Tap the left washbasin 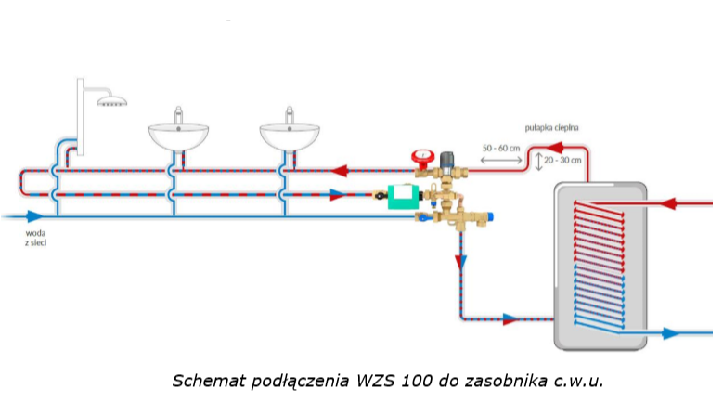tap(179, 136)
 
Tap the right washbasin tap(290, 136)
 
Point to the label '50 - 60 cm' tap(501, 148)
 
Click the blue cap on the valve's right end tap(490, 216)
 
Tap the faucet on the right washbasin tap(290, 116)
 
